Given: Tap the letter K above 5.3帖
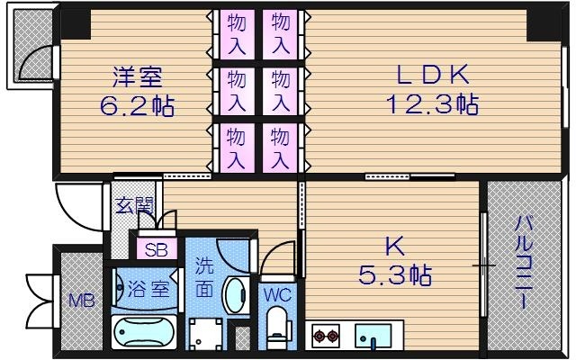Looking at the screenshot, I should pos(393,245).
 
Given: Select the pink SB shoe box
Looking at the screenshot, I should pos(154,249).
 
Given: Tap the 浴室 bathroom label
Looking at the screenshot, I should pos(148,290).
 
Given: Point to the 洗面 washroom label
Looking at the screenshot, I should pos(203,278).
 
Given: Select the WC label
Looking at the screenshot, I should pos(276,294).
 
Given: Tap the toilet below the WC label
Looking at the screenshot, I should pos(276,328).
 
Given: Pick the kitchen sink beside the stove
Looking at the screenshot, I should pos(373,337).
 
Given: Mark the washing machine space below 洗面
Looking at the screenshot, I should pos(206,334).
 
